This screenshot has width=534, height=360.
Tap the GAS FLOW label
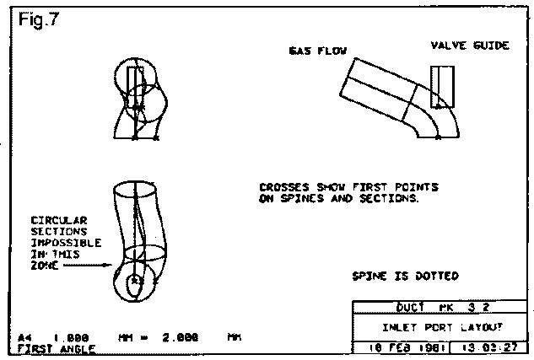(x=314, y=51)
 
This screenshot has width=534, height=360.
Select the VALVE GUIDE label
(x=470, y=46)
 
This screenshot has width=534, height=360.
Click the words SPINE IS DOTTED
(x=406, y=276)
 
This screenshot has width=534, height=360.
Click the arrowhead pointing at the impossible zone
(x=109, y=264)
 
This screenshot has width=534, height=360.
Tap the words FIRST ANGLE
(x=57, y=348)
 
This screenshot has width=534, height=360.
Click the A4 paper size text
(x=24, y=337)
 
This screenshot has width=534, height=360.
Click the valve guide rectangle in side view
(x=439, y=87)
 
